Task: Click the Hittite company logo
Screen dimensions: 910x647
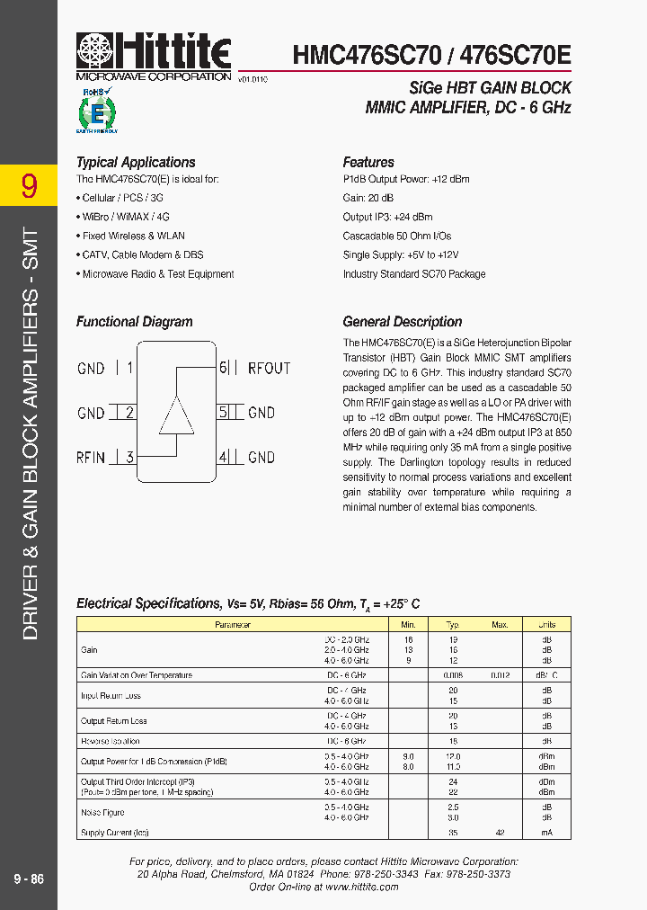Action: (x=154, y=54)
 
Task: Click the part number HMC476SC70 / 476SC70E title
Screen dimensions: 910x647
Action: (x=431, y=55)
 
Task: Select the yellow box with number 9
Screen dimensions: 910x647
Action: (x=29, y=185)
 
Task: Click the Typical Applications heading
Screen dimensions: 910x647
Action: (x=136, y=163)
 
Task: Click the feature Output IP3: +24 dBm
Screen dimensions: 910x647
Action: (x=387, y=217)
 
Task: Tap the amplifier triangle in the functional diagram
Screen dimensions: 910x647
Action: (x=176, y=414)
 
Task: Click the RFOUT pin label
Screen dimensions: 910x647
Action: (x=269, y=368)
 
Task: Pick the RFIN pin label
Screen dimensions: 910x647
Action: (x=91, y=458)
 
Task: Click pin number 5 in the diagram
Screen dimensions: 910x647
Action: (x=223, y=413)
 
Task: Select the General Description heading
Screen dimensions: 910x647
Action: (x=402, y=322)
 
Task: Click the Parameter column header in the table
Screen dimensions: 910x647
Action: (x=233, y=624)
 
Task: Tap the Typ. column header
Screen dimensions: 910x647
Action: (x=454, y=624)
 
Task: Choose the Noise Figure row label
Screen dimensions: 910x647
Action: (x=102, y=812)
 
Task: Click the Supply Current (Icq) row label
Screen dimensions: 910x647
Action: (x=115, y=833)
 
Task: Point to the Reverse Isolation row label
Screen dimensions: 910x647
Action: (x=111, y=741)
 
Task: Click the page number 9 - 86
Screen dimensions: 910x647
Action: (x=29, y=879)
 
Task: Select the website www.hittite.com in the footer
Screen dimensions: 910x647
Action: (x=361, y=887)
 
